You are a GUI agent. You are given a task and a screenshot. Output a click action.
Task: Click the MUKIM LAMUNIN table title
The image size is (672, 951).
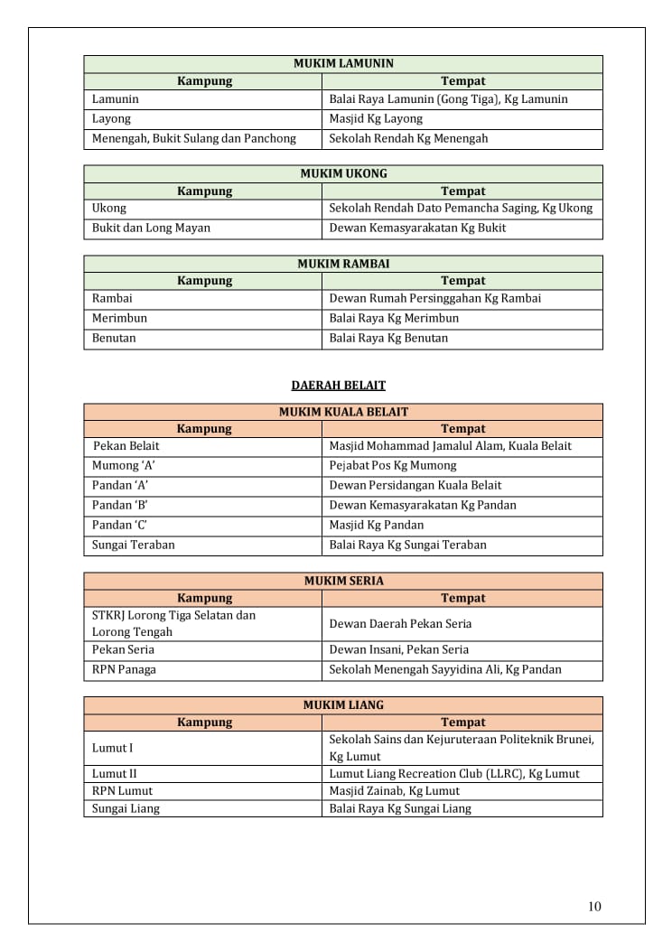(343, 64)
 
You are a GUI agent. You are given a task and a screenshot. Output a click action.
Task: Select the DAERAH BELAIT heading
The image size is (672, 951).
(338, 386)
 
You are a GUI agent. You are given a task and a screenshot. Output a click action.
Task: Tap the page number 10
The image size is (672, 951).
(593, 907)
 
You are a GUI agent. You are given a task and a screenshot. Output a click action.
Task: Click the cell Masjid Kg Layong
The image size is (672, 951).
(376, 119)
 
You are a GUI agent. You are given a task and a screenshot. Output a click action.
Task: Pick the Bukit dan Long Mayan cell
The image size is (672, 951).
(151, 228)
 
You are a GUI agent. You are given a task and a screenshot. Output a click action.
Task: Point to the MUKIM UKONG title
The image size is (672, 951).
(343, 173)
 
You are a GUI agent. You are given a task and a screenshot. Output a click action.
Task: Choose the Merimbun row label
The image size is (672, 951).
(119, 319)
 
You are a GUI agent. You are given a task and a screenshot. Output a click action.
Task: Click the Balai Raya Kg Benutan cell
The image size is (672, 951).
(388, 339)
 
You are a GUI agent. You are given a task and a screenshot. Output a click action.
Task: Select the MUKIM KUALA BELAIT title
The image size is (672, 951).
(343, 412)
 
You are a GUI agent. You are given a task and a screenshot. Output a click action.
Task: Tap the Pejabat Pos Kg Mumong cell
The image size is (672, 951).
(393, 466)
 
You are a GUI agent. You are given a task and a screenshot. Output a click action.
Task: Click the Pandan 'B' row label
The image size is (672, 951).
(120, 506)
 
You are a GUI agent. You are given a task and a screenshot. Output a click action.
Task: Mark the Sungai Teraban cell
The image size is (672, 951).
(134, 545)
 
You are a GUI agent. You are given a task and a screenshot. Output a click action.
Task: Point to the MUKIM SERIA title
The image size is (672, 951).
(343, 582)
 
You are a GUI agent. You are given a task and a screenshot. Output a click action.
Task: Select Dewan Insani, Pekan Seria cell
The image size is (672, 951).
(398, 650)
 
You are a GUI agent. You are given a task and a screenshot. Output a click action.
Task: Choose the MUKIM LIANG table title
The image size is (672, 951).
(343, 705)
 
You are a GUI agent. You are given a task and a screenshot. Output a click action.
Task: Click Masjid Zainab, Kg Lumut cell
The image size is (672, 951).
(394, 791)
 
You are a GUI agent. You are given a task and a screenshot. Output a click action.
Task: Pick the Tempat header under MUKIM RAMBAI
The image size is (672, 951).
(462, 281)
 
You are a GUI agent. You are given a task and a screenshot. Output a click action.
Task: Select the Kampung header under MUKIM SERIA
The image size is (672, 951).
(204, 599)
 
